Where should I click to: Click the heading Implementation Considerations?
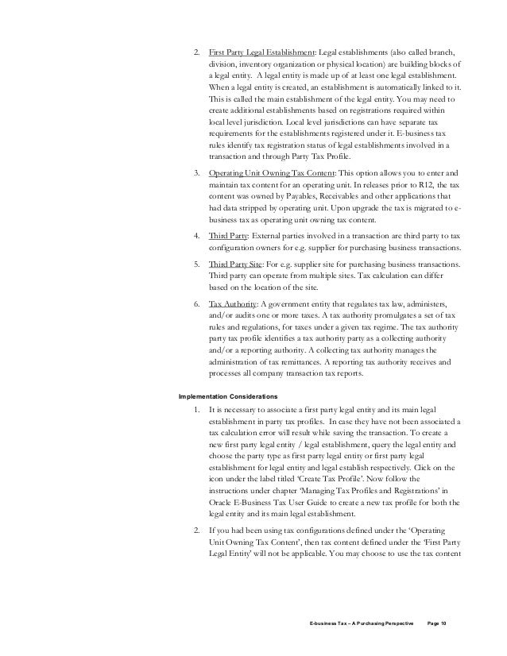[x=228, y=394]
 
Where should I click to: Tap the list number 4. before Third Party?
[x=195, y=237]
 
